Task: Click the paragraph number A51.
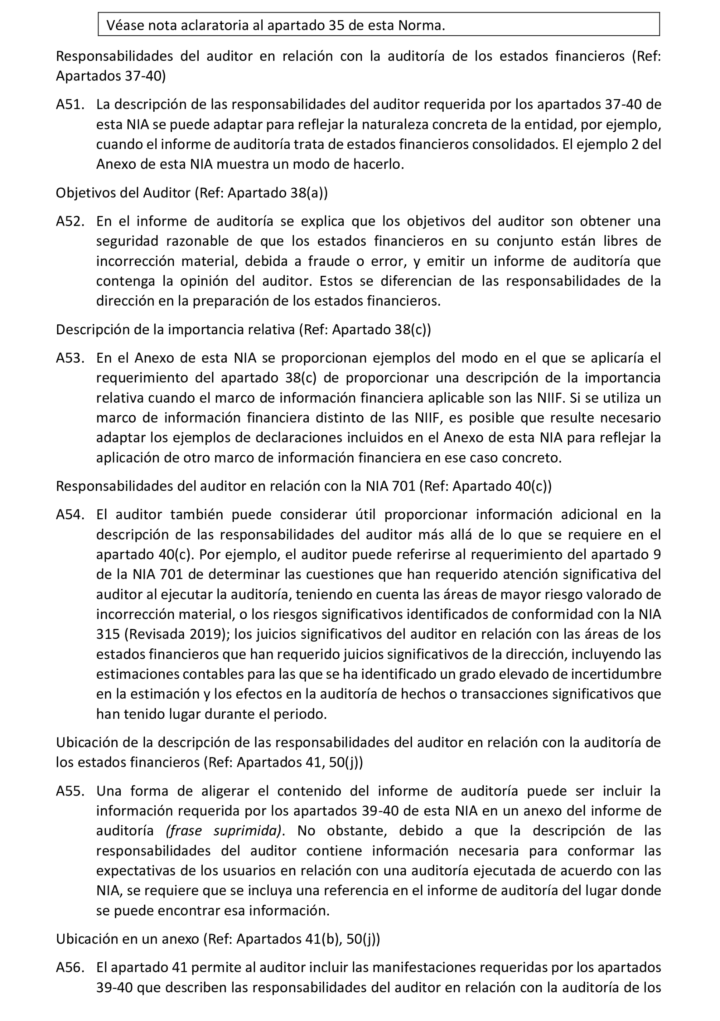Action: click(x=70, y=104)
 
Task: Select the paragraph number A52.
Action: click(x=70, y=221)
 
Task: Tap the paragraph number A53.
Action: click(x=70, y=358)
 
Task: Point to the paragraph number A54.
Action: click(x=70, y=515)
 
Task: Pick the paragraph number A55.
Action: click(x=70, y=791)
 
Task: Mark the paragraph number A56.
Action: click(x=70, y=968)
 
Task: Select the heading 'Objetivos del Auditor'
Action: click(x=123, y=193)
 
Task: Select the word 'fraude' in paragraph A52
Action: click(x=327, y=261)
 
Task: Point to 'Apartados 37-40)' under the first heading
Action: click(x=111, y=76)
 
